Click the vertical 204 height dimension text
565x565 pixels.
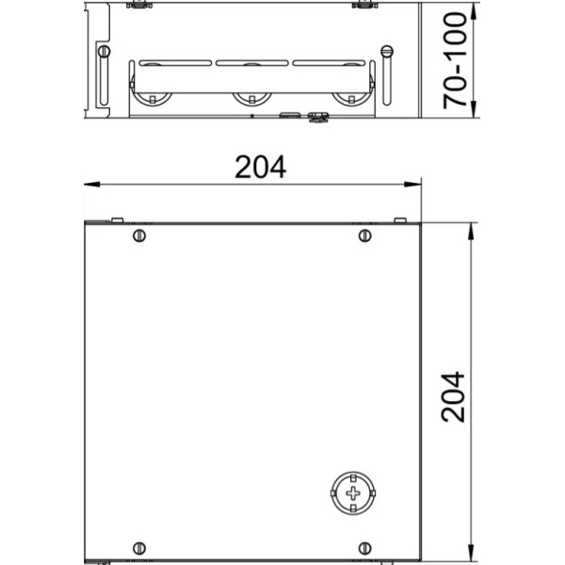click(x=454, y=396)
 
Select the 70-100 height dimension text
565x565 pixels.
click(x=456, y=60)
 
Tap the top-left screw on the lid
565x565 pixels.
click(x=139, y=234)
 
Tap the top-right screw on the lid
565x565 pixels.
click(x=364, y=234)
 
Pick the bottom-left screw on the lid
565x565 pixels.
click(x=139, y=548)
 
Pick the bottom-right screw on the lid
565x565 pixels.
click(x=364, y=548)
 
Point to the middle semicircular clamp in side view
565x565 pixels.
click(x=251, y=97)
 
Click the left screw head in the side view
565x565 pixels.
click(x=104, y=51)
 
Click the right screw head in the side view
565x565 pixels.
click(x=385, y=51)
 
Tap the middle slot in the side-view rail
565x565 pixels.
click(x=251, y=64)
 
